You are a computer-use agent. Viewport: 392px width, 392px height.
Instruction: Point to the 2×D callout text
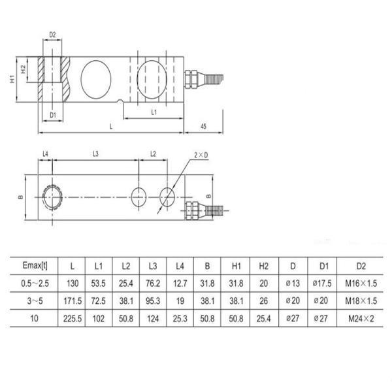point(201,155)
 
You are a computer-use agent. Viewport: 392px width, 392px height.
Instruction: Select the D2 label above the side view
point(53,34)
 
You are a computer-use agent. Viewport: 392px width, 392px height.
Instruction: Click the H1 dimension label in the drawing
point(12,79)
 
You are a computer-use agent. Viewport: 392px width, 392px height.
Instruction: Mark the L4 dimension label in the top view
point(45,154)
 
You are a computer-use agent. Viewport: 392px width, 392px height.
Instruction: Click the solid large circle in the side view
point(95,77)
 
